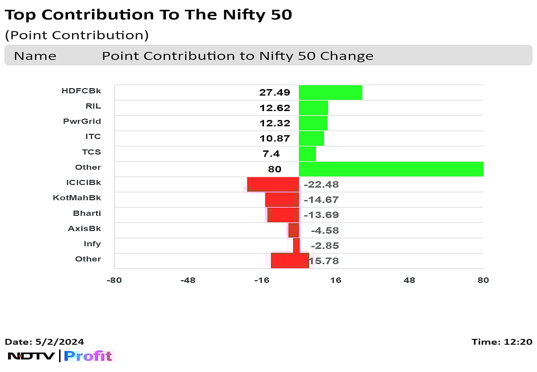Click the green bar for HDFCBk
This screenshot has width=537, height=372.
[330, 93]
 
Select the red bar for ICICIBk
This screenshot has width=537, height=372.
[273, 184]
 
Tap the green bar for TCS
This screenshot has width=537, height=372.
[307, 154]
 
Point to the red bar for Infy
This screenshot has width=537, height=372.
[296, 245]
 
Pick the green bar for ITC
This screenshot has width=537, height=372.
[311, 138]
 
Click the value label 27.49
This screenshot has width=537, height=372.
[275, 93]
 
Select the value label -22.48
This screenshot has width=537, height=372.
[321, 184]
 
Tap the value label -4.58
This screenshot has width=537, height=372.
[324, 231]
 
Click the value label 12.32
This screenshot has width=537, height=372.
[275, 123]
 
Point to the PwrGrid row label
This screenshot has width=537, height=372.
[82, 121]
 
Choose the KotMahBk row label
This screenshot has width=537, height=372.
[77, 197]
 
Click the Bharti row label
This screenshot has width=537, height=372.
[87, 213]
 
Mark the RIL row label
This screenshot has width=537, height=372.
[93, 106]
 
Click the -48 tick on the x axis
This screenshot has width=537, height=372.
[188, 281]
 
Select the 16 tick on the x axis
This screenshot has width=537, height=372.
[335, 281]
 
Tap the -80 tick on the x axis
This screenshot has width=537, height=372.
[114, 281]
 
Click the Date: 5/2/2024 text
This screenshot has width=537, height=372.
[44, 342]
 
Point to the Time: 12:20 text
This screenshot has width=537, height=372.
[502, 342]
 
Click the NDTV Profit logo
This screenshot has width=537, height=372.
[60, 356]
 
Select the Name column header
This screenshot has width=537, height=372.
[35, 56]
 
